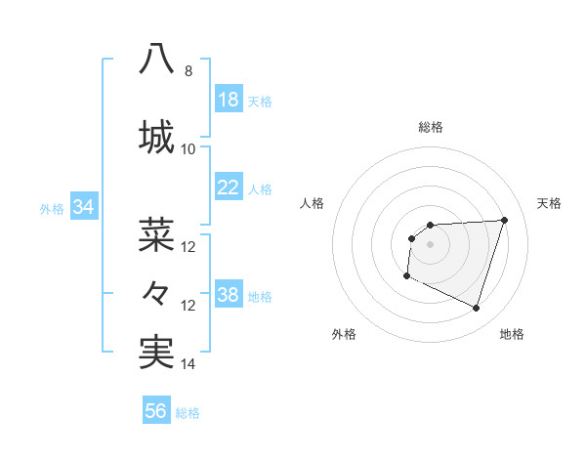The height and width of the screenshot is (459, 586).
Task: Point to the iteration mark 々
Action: point(156,292)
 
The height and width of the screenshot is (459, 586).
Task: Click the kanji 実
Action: point(157,352)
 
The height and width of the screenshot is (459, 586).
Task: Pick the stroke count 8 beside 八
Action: point(188,71)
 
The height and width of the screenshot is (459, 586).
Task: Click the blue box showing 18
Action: point(228,100)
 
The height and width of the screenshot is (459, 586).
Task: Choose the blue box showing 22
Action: point(228,188)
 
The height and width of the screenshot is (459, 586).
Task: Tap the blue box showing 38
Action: point(228,296)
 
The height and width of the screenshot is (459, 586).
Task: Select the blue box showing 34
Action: point(83,207)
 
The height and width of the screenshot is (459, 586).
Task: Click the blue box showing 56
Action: point(156,411)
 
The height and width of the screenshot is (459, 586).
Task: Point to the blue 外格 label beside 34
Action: point(52,208)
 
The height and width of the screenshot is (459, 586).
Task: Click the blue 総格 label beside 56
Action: point(188,412)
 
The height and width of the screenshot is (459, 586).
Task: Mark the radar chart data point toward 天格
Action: point(505,220)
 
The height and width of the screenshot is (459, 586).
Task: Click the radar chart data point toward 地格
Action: point(476,309)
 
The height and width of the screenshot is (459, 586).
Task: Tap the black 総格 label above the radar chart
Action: point(430,127)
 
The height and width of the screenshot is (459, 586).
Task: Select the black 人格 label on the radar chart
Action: point(312,203)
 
